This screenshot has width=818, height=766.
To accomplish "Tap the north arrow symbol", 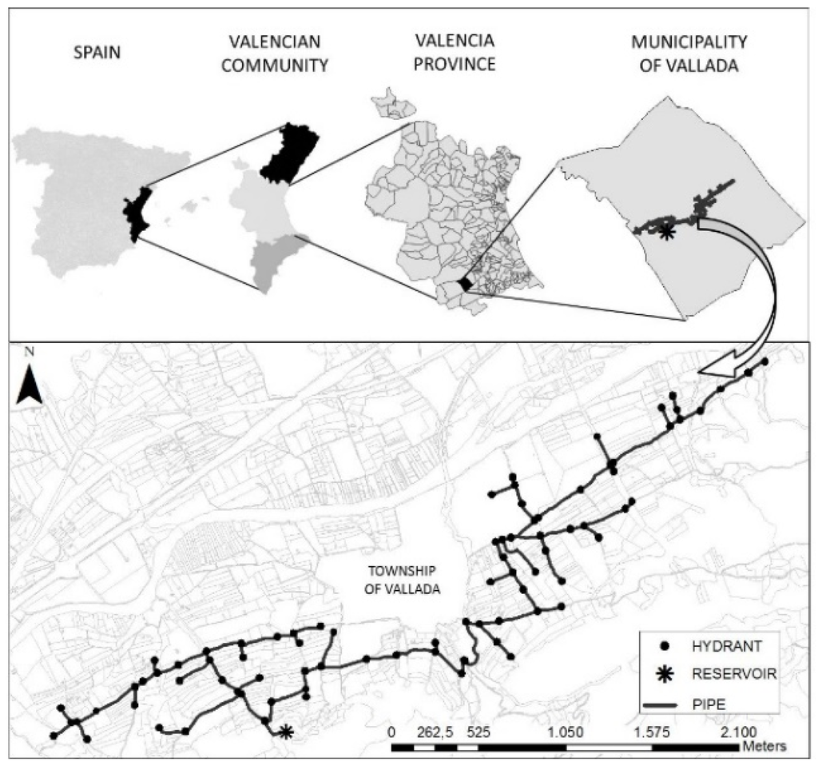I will tap(30, 385).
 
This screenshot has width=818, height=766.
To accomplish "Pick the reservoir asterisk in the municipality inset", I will tap(666, 231).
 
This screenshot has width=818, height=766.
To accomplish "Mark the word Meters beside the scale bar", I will tap(764, 746).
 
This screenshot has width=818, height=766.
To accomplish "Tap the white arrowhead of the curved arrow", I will tap(713, 367).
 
